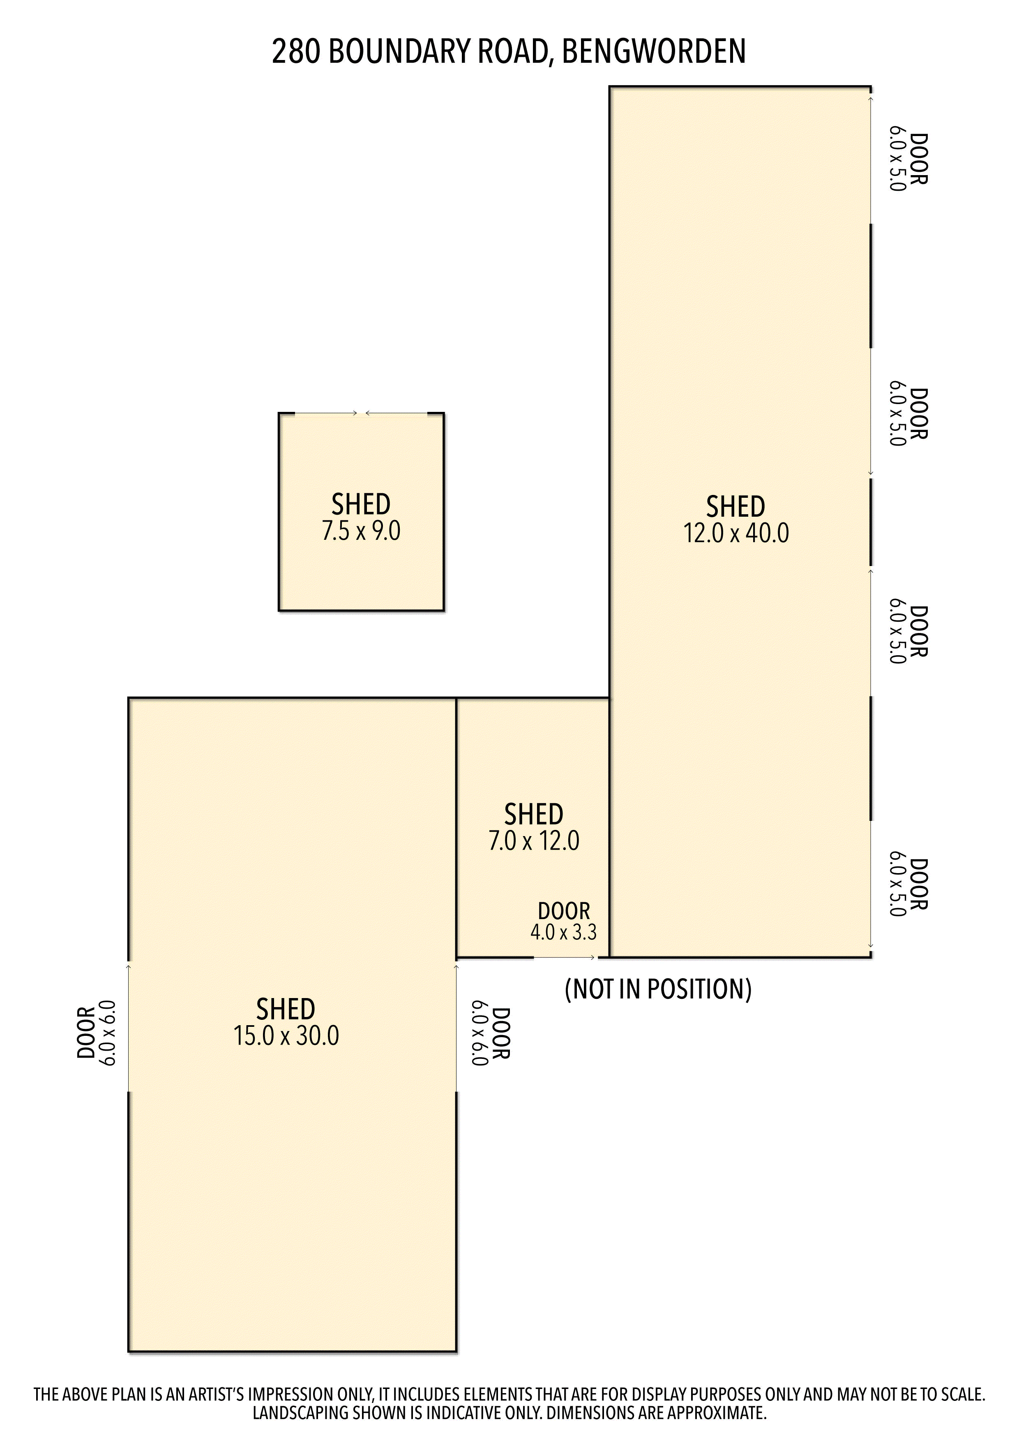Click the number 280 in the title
pos(296,51)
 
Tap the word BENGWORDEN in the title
pos(654,51)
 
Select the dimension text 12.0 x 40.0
pos(736,533)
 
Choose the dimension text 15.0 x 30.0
pos(286,1035)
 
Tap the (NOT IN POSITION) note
pos(658,989)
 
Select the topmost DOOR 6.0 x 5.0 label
pos(908,159)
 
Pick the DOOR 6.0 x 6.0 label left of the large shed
pos(96,1033)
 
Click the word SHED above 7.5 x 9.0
pos(361,504)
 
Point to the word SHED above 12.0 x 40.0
pos(736,506)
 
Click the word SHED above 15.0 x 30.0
pos(286,1009)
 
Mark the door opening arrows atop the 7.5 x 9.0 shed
pos(361,413)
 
